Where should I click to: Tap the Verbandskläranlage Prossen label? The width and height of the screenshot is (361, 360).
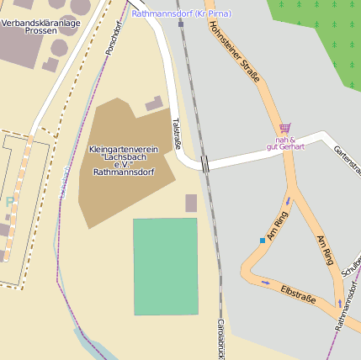pos(40,26)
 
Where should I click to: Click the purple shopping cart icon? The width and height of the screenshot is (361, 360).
pos(284,129)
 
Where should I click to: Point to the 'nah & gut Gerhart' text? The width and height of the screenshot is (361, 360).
pos(284,142)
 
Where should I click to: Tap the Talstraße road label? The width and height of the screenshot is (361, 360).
pos(177,134)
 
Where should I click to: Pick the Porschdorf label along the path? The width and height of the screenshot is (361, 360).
pos(114,38)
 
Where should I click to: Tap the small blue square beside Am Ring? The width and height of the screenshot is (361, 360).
pos(263,241)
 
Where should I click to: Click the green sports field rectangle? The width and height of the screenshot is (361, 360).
pos(166,266)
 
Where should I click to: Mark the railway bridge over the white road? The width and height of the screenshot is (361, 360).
pos(204,163)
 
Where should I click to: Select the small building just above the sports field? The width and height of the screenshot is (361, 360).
pos(191,203)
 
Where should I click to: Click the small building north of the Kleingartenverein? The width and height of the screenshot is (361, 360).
pos(154,103)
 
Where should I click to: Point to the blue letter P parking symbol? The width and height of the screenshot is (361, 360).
pos(9,202)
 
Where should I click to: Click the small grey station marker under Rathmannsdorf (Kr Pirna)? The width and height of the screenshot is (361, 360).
pos(180,24)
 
